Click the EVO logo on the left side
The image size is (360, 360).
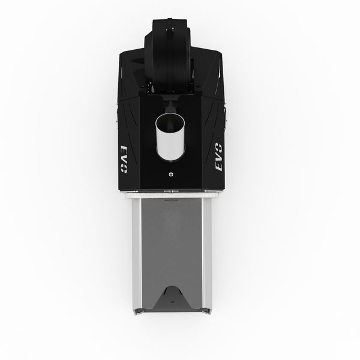(x=124, y=159)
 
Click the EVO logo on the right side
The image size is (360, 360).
(x=218, y=157)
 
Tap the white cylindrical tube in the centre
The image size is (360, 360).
(x=170, y=137)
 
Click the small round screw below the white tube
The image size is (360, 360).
(x=170, y=174)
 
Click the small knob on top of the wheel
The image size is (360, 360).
(x=170, y=29)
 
